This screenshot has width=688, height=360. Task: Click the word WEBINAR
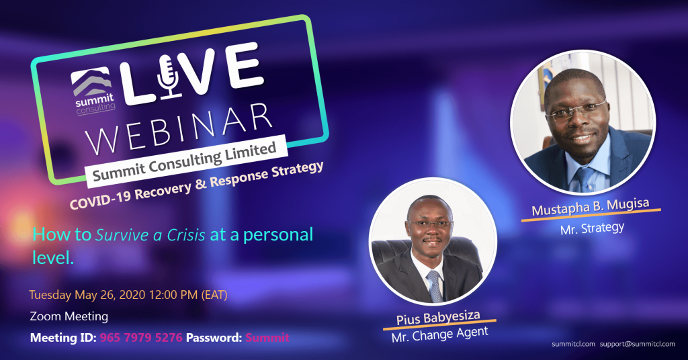(x=180, y=128)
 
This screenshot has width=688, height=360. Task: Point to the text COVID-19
(x=101, y=199)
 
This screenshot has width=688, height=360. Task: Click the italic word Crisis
(x=185, y=235)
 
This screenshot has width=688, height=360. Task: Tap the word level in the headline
(x=52, y=257)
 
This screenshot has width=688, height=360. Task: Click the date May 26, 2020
(x=110, y=295)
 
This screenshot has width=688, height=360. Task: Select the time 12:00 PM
(x=173, y=295)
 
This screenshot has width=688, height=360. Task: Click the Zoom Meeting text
(x=69, y=316)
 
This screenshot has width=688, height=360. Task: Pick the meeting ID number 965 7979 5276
(x=141, y=338)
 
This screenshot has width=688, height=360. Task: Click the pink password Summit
(x=267, y=338)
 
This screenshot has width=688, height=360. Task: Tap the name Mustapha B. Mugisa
(x=591, y=207)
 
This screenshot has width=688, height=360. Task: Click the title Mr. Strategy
(x=593, y=228)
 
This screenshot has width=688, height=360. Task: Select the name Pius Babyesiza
(x=438, y=318)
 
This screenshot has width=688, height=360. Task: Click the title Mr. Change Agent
(x=439, y=334)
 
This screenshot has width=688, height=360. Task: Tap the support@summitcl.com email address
(x=638, y=344)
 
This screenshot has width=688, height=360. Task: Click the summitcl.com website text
(x=573, y=344)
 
